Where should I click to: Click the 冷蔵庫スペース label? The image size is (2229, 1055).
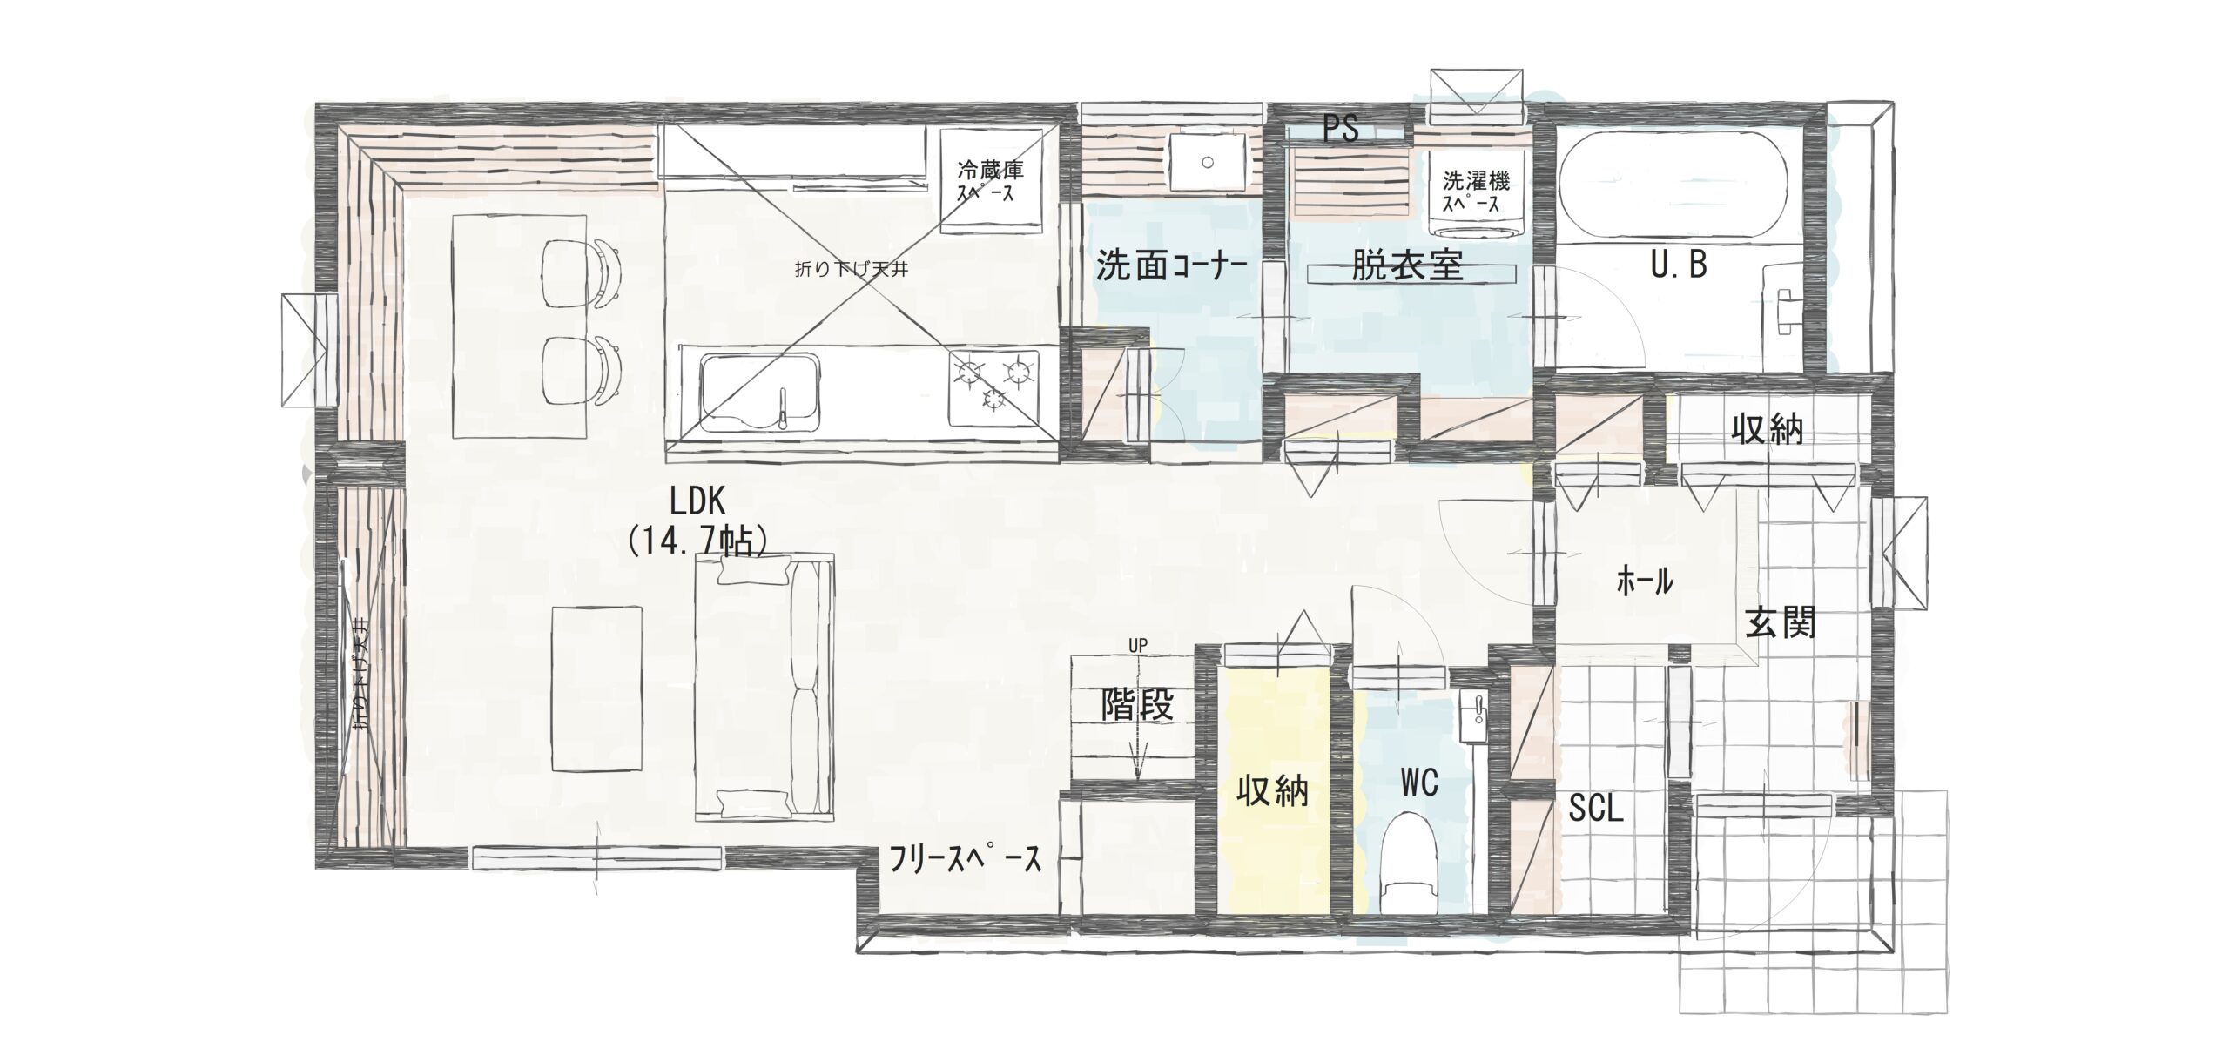pos(991,181)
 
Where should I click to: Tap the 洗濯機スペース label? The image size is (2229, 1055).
pos(1476,192)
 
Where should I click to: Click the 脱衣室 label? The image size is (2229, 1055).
pos(1406,265)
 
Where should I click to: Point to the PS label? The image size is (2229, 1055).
pos(1341,129)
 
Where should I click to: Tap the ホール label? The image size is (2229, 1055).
pos(1644,581)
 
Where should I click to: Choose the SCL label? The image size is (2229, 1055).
pos(1596,810)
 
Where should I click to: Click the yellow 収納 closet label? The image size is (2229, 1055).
pos(1272,791)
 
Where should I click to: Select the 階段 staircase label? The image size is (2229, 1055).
pos(1137,704)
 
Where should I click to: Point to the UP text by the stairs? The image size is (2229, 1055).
pos(1138,645)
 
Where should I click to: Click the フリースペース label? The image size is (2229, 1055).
pos(964,860)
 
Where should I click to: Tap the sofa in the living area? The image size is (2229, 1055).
pos(764,688)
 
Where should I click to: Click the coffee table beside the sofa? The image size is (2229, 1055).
pos(598,689)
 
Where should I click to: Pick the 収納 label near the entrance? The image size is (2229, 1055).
pos(1767,429)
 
